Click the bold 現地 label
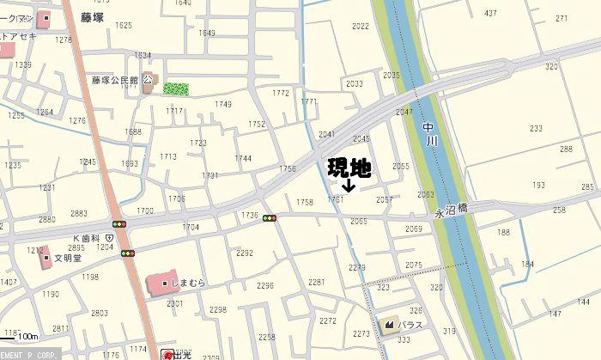coord(349,167)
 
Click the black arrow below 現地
coord(349,185)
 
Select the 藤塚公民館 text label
coord(115,81)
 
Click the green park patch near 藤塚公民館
coord(176,88)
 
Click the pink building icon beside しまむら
coord(161,283)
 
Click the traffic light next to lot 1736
coord(270,218)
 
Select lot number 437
coord(490,13)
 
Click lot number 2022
coord(361,27)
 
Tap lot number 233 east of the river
coord(536,128)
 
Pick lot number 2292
coord(245,253)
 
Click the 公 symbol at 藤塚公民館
coord(148,80)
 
